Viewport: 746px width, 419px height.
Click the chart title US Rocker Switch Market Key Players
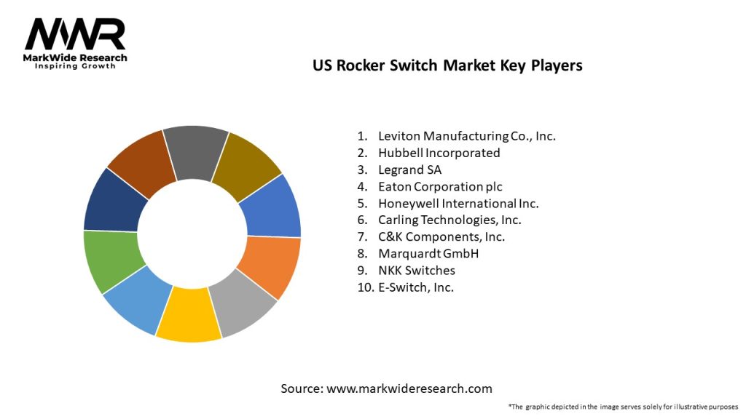point(447,65)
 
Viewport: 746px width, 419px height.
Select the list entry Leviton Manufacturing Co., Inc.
point(466,136)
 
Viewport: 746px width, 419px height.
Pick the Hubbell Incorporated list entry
point(439,153)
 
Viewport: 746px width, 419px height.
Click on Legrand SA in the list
point(409,169)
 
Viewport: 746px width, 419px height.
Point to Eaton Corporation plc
point(440,186)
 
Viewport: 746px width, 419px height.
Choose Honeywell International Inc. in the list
point(458,204)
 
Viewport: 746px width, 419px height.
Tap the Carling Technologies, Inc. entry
point(449,220)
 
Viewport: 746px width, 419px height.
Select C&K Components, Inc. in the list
point(441,236)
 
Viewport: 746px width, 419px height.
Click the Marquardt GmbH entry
point(428,253)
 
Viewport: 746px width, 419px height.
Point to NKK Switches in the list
point(416,270)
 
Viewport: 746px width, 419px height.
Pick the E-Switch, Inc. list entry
point(415,287)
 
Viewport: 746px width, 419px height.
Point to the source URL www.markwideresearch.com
point(409,388)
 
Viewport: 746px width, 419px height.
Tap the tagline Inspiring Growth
point(75,66)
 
